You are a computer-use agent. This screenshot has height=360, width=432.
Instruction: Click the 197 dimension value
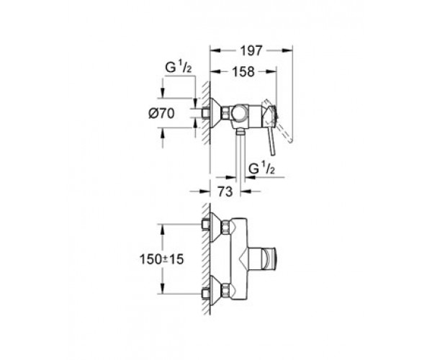251,51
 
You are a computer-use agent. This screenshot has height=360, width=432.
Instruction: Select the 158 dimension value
243,71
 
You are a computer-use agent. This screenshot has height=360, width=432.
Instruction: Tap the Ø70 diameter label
161,113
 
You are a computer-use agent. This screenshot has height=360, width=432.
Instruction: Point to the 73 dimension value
225,192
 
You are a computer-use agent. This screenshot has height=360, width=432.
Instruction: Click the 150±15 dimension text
162,259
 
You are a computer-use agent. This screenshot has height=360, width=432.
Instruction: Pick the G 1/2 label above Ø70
179,67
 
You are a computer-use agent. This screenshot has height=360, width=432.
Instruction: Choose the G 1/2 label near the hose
262,168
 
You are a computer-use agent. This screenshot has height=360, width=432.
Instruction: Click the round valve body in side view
239,113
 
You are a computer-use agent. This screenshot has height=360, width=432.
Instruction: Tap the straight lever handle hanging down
271,140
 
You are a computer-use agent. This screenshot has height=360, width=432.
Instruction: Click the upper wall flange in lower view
215,227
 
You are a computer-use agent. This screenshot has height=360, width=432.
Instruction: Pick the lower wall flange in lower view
215,290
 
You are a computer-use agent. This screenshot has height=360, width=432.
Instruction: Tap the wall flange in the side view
215,113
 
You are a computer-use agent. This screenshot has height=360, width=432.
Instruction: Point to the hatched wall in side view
206,114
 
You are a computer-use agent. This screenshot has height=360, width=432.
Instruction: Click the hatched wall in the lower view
206,259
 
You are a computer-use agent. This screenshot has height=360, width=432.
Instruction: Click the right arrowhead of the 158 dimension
271,71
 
